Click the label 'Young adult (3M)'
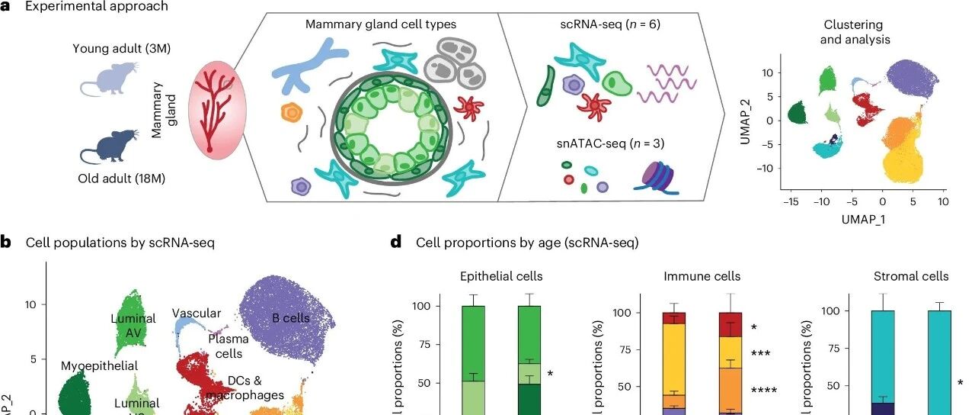coord(121,49)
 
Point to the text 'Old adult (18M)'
coord(122,180)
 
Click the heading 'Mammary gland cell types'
coord(380,24)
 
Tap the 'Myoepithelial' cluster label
coord(99,366)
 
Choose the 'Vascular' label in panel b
coord(196,313)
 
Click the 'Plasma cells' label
coord(225,346)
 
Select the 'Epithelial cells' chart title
coord(501,276)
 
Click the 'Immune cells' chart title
coord(691,276)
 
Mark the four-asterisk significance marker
coord(763,391)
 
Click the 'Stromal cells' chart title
coord(910,276)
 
